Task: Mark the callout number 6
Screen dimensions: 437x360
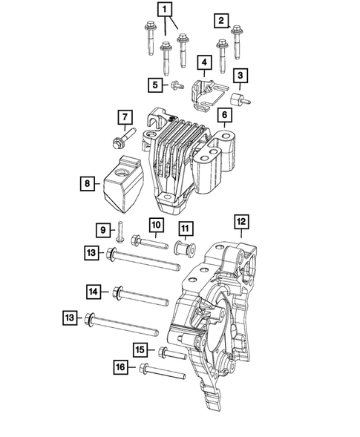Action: [223, 116]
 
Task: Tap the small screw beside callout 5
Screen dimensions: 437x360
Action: [177, 86]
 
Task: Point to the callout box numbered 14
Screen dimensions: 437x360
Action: [94, 292]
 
